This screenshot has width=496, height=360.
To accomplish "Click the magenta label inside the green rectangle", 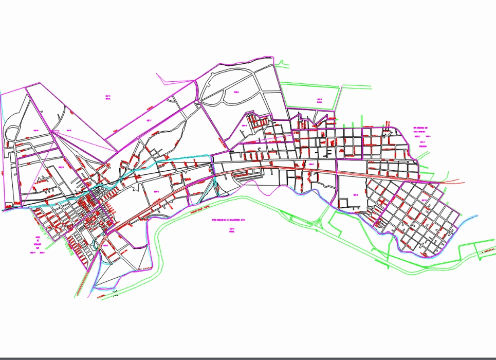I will [x=319, y=100].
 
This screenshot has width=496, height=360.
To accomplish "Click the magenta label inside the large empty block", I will [x=355, y=195].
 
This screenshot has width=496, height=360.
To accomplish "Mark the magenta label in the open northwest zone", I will [x=108, y=98].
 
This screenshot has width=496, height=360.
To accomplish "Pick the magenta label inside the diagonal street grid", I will [x=425, y=200].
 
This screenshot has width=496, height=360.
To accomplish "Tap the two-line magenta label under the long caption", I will [x=232, y=229].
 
